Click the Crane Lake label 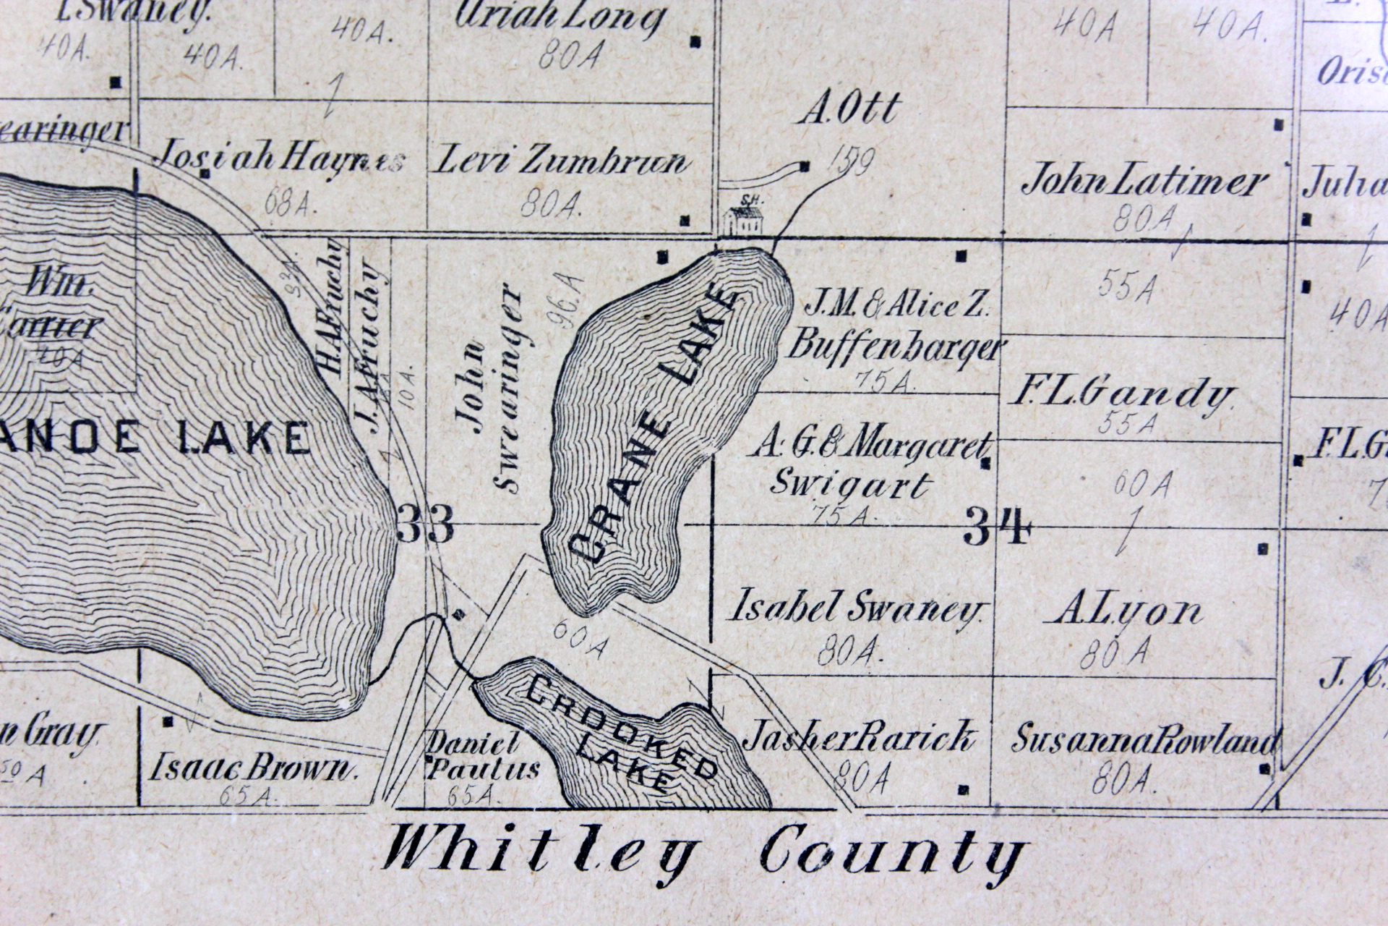(x=654, y=427)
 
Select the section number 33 (x=426, y=524)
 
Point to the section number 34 (x=995, y=527)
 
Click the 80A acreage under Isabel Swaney (x=849, y=653)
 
